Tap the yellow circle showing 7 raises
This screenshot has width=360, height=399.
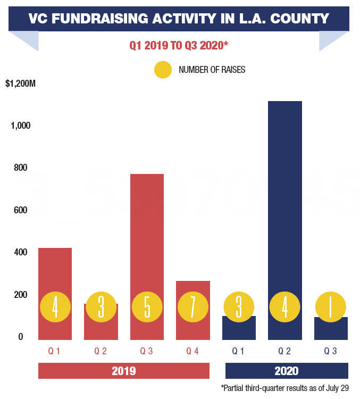point(192,307)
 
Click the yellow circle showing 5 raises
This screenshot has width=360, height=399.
point(147,307)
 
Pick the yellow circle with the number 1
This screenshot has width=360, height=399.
point(331,307)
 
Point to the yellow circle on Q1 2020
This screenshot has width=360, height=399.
point(239,307)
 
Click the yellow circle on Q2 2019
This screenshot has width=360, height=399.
point(101,307)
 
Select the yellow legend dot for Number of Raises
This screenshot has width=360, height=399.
point(163,70)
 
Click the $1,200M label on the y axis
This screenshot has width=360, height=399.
point(20,84)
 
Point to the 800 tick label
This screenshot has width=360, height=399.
point(20,168)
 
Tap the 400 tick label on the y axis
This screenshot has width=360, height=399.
point(20,252)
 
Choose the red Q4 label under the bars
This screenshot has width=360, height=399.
point(192,351)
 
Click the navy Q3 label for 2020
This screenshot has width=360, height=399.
point(331,351)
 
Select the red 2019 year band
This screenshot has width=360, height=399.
point(124,371)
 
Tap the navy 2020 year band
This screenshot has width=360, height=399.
point(287,371)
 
